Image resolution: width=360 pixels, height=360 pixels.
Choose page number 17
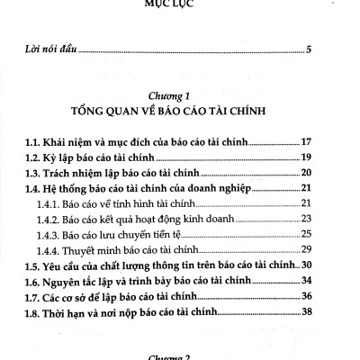[x=305, y=141]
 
